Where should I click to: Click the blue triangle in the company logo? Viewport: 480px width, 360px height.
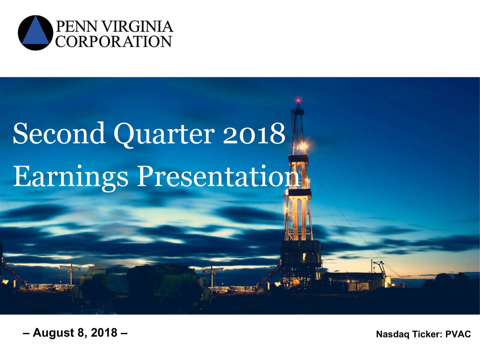(x=35, y=33)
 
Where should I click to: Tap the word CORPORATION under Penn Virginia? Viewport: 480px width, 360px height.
(x=114, y=41)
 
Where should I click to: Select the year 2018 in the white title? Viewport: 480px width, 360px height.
(x=254, y=133)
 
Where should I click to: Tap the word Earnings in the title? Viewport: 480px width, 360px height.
(x=70, y=177)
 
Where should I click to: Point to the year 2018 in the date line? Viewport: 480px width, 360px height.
(x=104, y=333)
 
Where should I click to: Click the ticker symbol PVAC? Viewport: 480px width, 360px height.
(x=458, y=334)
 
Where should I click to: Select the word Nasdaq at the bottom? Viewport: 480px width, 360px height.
(x=392, y=334)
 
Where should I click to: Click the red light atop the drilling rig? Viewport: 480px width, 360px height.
(x=298, y=101)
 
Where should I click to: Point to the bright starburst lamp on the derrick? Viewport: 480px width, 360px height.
(x=303, y=145)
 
